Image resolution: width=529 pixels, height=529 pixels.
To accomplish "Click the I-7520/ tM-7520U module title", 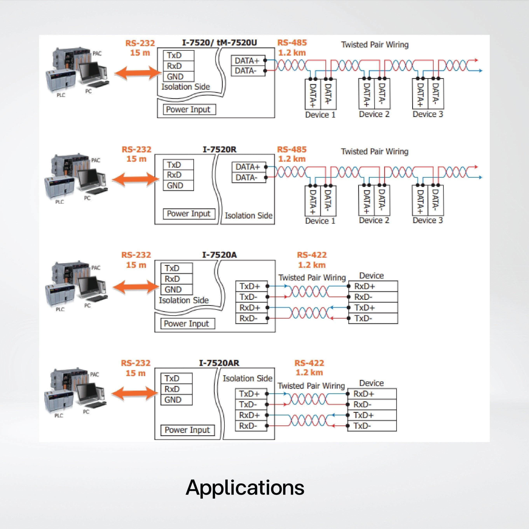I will [219, 43].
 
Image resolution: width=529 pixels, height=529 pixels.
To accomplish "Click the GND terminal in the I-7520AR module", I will [173, 400].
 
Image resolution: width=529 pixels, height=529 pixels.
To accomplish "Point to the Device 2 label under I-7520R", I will [374, 220].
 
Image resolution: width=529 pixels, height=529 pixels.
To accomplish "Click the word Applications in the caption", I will [245, 488].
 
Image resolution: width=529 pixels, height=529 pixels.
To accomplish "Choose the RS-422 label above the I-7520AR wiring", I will [309, 363].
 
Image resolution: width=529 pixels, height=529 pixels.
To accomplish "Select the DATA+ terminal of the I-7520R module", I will [248, 167].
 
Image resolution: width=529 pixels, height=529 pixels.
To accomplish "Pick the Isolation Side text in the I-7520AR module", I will [247, 378].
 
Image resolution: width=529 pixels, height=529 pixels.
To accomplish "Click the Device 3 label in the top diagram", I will [427, 114].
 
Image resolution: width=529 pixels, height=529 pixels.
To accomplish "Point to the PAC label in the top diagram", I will [97, 53].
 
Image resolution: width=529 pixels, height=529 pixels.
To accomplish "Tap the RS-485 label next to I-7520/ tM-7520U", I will [292, 43].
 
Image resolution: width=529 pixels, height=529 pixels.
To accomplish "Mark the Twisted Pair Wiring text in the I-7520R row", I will [374, 151].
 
